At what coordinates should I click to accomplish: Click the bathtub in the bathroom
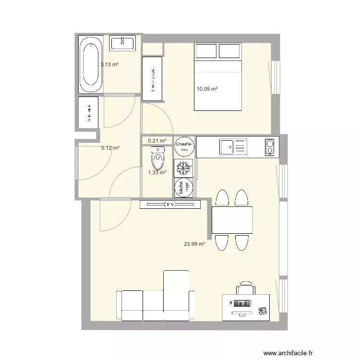point(92,64)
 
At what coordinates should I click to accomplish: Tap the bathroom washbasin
point(123,43)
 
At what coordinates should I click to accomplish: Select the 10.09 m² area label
point(207,89)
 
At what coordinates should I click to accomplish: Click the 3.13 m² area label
point(109,64)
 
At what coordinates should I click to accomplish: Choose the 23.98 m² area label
point(194,244)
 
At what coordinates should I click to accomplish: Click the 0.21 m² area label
point(157,141)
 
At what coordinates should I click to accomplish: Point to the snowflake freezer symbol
point(183,168)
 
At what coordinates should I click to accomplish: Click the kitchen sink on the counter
point(233,146)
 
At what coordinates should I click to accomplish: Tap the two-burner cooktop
point(271,147)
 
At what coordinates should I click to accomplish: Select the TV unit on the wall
point(170,205)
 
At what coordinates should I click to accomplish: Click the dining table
point(232,220)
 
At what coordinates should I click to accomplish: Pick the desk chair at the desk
point(245,288)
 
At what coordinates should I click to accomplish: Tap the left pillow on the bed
point(205,51)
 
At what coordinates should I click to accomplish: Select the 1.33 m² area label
point(157,172)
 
